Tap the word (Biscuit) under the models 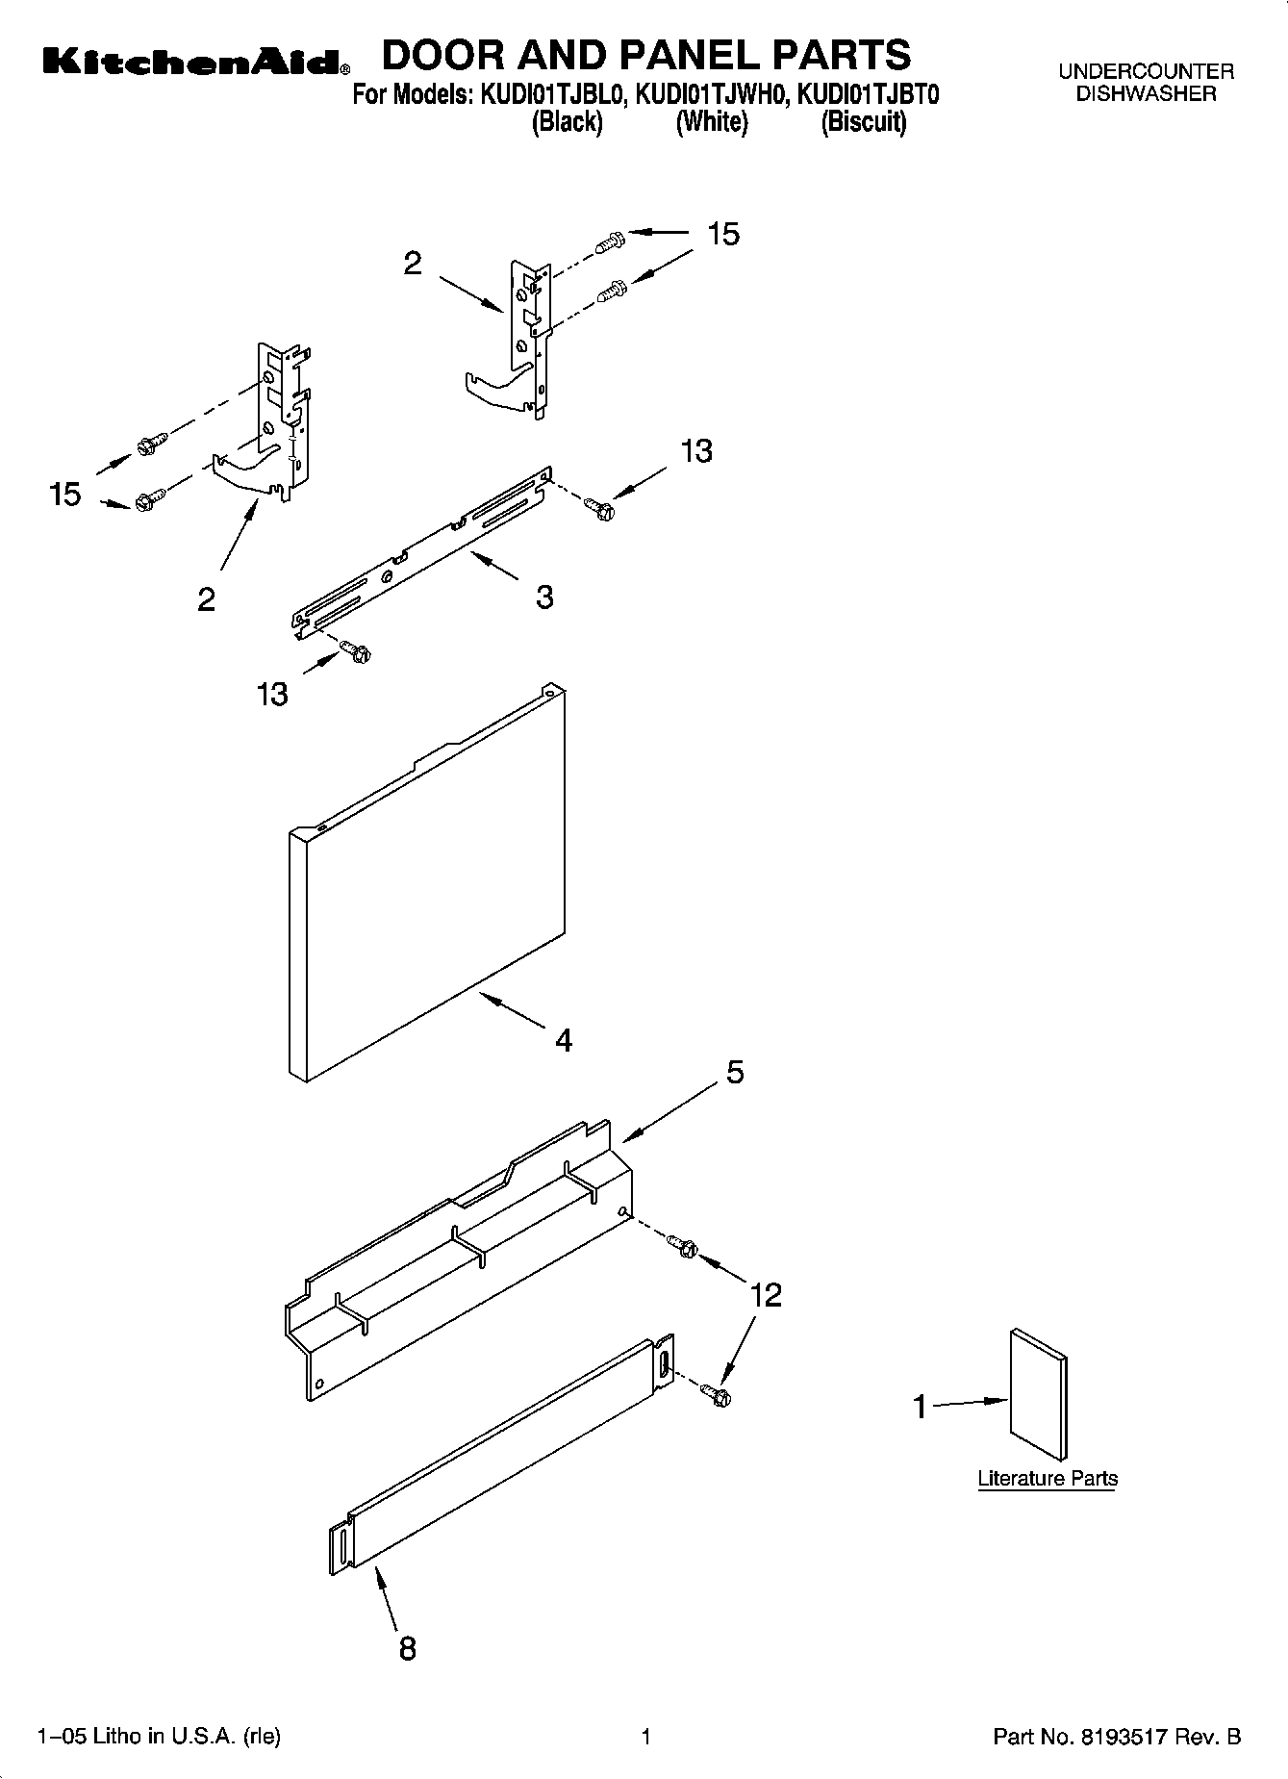(x=863, y=122)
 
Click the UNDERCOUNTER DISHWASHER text (x=1146, y=83)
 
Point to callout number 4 (x=563, y=1040)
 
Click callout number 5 (x=734, y=1072)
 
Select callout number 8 (x=407, y=1647)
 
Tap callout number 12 (x=766, y=1294)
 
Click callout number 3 (x=544, y=597)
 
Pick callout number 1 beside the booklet (x=920, y=1407)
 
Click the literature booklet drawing (x=1038, y=1395)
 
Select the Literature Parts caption (x=1048, y=1479)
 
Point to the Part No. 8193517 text (x=1116, y=1737)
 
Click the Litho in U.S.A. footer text (x=159, y=1737)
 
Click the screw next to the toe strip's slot (x=715, y=1393)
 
